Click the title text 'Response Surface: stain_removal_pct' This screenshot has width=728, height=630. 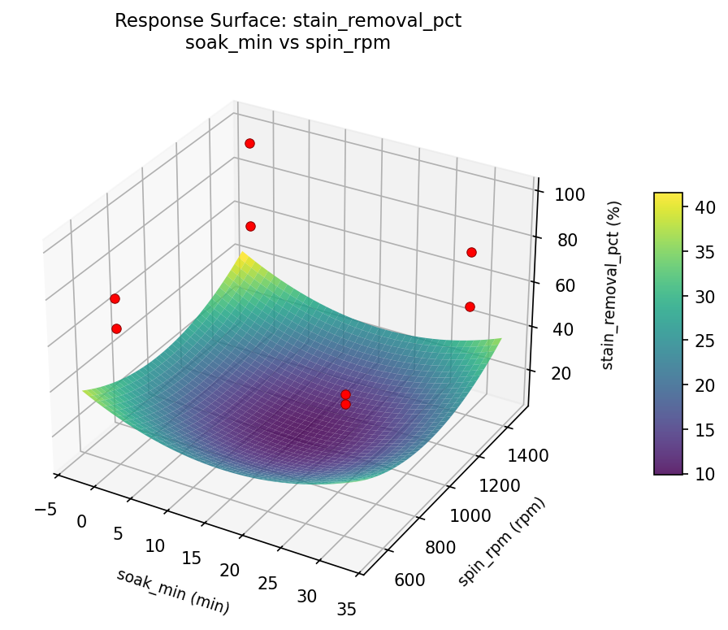pyautogui.click(x=288, y=21)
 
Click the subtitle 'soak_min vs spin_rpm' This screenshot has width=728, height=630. pyautogui.click(x=288, y=43)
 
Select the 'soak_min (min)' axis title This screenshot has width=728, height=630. pyautogui.click(x=172, y=591)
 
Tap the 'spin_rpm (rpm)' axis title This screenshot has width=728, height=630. pyautogui.click(x=501, y=541)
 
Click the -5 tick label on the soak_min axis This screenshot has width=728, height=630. pyautogui.click(x=45, y=510)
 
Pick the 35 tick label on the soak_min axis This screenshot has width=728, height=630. pyautogui.click(x=345, y=608)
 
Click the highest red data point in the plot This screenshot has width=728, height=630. pyautogui.click(x=249, y=143)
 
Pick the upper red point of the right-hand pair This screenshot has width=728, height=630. pyautogui.click(x=471, y=252)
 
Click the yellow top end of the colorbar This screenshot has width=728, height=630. pyautogui.click(x=668, y=196)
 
